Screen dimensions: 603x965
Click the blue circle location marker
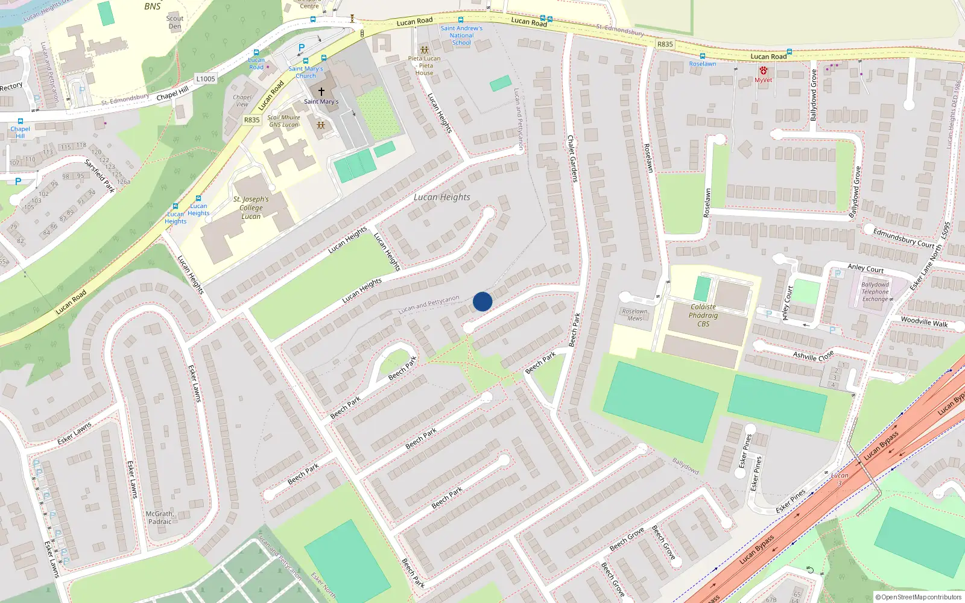point(482,301)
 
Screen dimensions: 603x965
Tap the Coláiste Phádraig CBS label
point(703,315)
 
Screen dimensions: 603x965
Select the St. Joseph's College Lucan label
point(251,207)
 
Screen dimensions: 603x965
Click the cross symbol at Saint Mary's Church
point(321,92)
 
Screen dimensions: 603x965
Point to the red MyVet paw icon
point(764,71)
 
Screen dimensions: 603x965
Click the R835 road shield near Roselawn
point(665,44)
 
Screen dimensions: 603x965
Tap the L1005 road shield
point(205,78)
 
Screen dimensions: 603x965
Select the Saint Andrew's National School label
point(461,36)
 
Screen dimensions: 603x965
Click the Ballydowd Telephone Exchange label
point(875,292)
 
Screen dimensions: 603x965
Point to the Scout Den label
point(175,22)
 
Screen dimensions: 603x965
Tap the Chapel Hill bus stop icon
point(21,121)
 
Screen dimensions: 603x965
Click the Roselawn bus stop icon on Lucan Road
point(702,56)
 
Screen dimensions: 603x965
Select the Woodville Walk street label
point(924,321)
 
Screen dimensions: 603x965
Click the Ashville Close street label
point(813,355)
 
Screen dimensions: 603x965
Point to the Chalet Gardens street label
point(572,158)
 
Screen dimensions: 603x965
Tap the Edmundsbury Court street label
point(903,238)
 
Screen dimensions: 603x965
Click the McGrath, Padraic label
point(160,518)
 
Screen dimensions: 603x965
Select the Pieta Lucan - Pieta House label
point(424,65)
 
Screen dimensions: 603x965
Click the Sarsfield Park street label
point(100,175)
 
